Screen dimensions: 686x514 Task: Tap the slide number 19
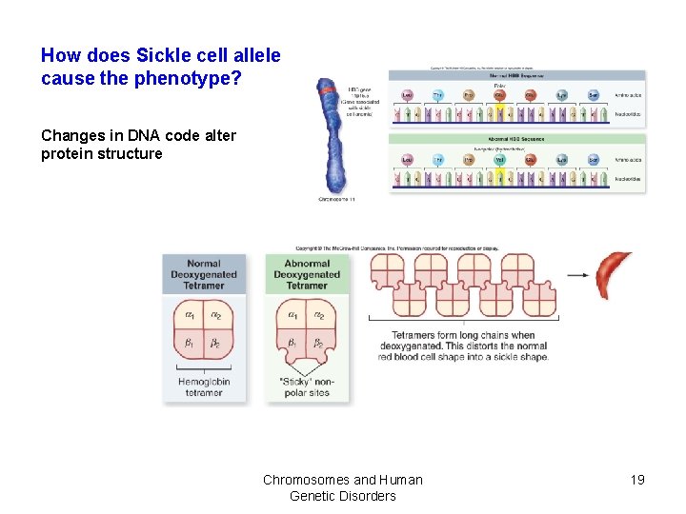637,480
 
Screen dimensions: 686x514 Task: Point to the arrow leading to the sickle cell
578,276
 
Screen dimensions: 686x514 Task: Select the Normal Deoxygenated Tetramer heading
204,273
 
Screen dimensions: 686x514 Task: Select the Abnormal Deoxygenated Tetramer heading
307,273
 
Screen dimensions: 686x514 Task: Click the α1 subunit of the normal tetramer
190,315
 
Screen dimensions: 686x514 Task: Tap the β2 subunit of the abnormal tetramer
320,343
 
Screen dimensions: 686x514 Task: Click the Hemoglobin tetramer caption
204,387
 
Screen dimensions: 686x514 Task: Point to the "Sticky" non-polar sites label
307,387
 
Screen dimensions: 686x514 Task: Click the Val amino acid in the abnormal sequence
499,159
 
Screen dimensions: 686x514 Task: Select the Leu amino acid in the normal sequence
407,94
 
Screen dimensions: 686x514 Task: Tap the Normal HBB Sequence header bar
516,75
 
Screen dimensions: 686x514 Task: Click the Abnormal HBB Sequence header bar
516,139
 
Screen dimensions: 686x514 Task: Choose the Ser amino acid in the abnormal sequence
594,159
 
